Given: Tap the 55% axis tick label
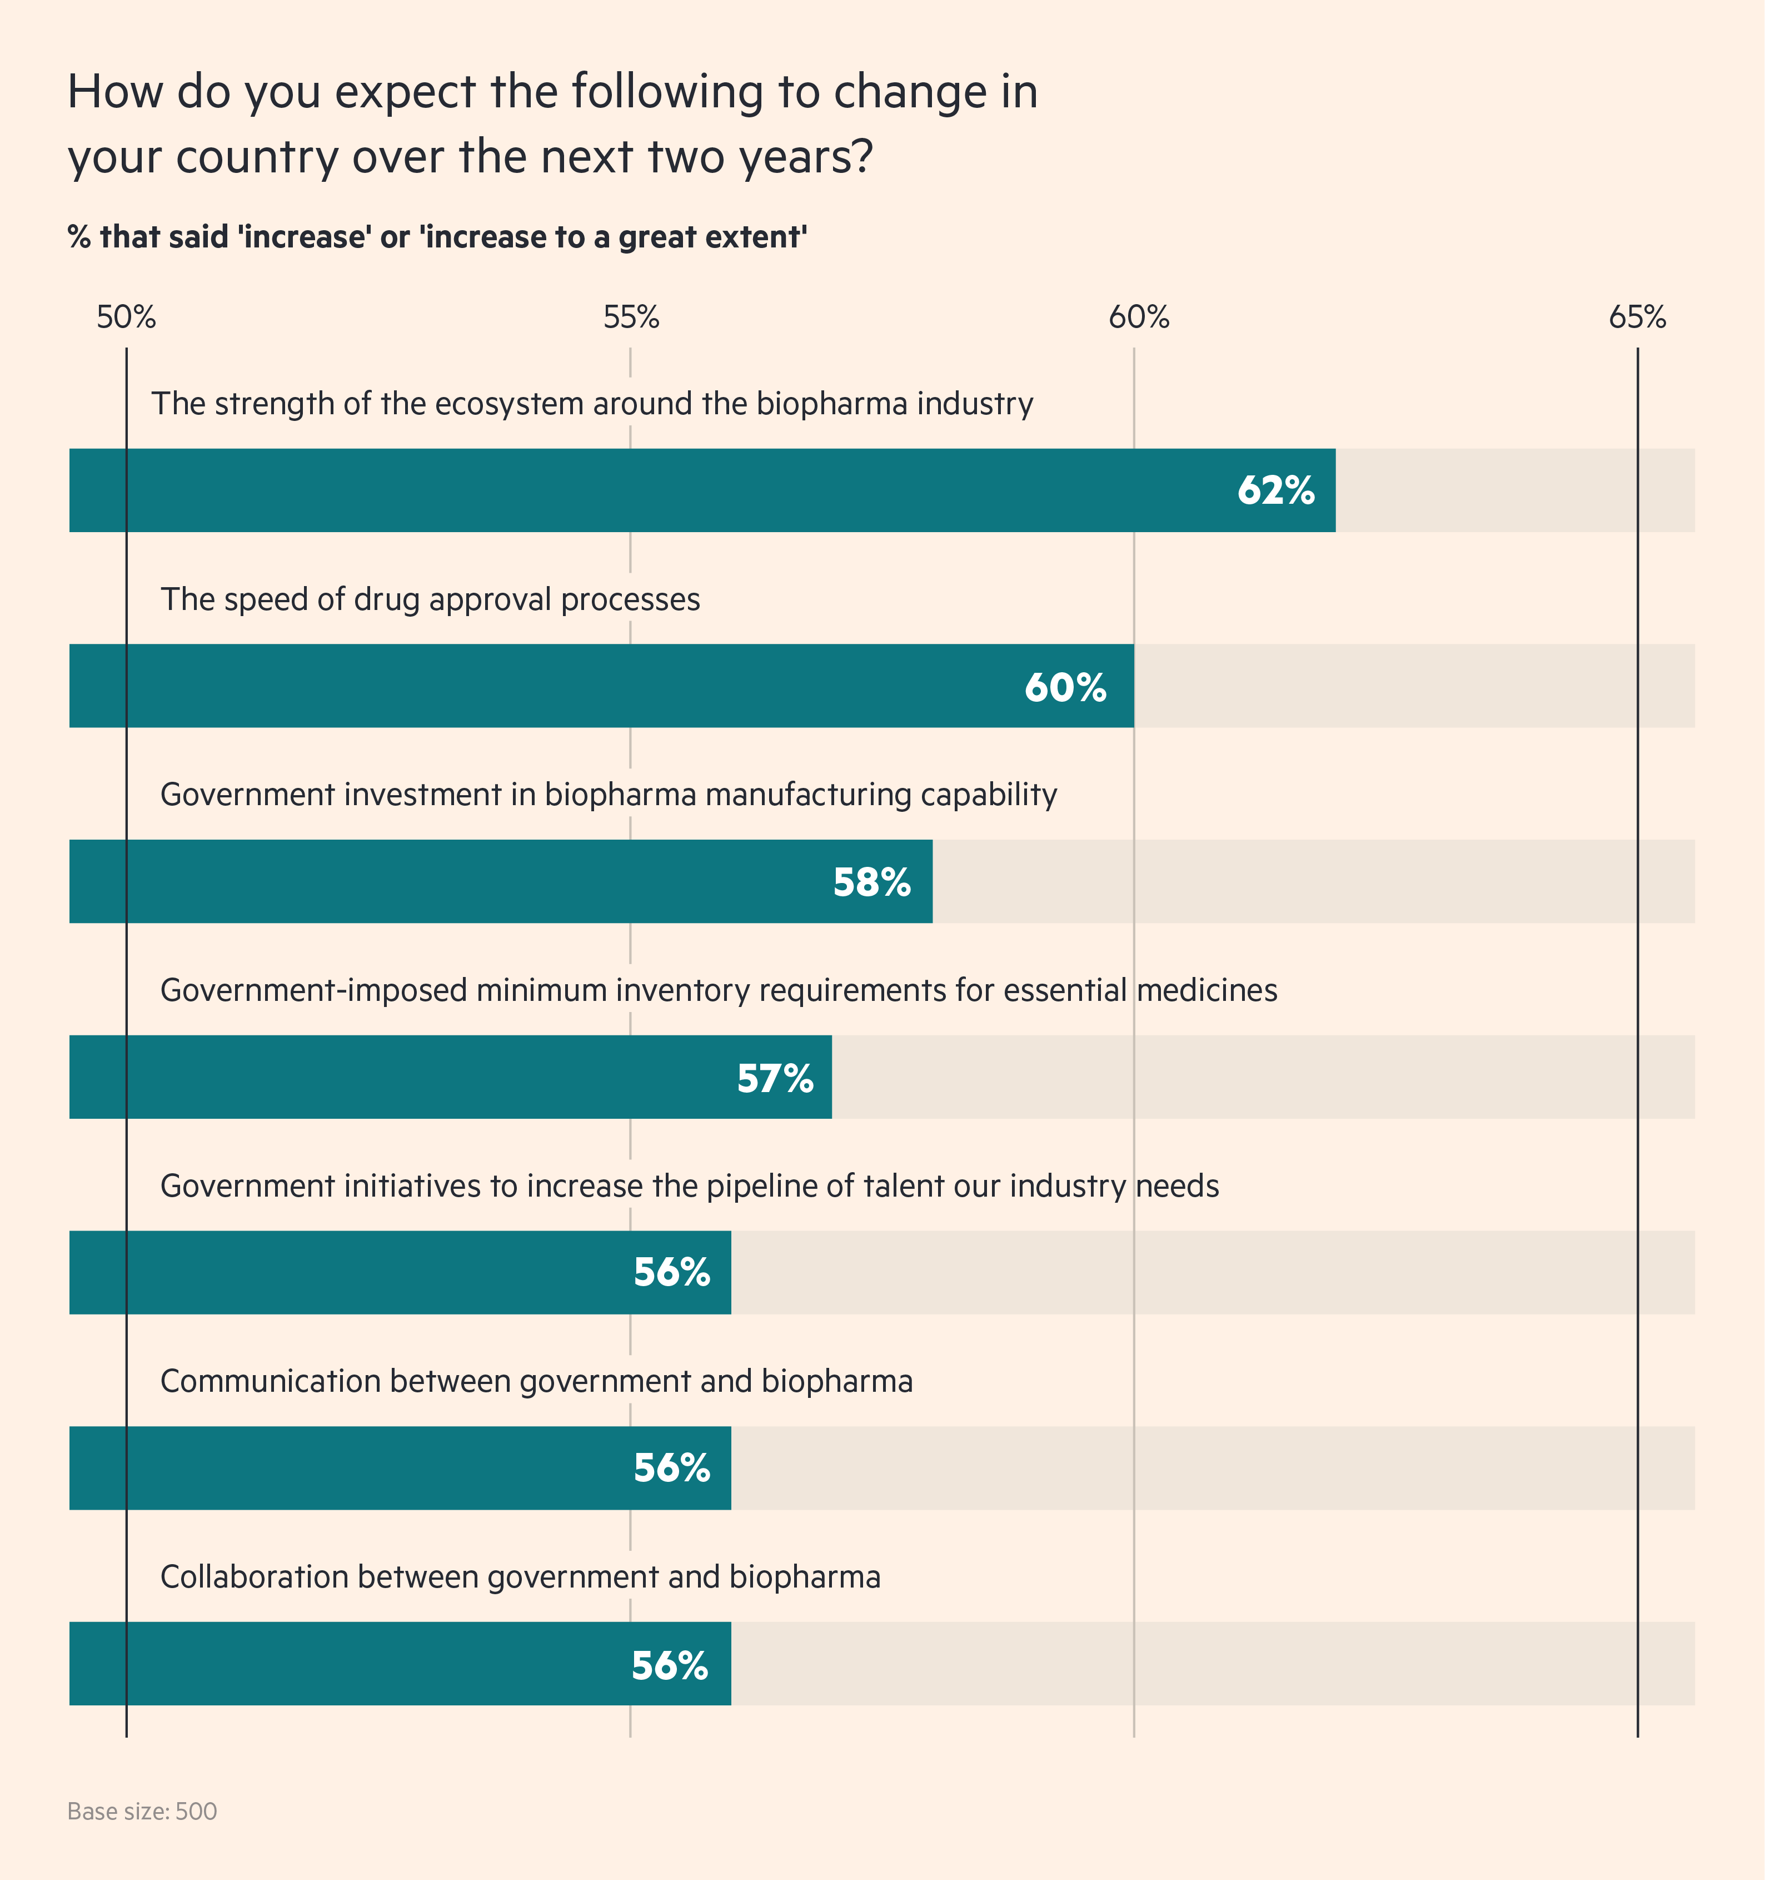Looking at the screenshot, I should (x=631, y=318).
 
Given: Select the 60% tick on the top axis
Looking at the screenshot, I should (x=1138, y=318).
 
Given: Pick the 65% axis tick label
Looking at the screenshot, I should (x=1637, y=318).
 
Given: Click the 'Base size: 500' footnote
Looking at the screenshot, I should (x=142, y=1811).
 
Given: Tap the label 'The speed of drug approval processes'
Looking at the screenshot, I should (x=430, y=599).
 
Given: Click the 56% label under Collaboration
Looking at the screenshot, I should (x=669, y=1665).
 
